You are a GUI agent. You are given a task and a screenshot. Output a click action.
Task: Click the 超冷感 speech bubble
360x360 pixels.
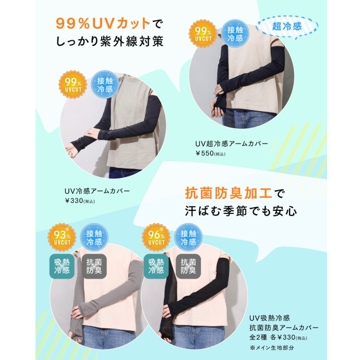(x=287, y=27)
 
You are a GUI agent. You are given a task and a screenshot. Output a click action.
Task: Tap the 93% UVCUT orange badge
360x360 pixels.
(x=62, y=237)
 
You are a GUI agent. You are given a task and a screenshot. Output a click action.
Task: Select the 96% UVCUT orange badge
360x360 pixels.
(x=156, y=237)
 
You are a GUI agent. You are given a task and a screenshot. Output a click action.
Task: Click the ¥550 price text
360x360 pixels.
(x=210, y=153)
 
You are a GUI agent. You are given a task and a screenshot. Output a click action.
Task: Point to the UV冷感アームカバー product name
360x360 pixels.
(x=97, y=191)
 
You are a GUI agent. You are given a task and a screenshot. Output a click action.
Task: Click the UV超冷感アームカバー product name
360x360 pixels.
(x=232, y=143)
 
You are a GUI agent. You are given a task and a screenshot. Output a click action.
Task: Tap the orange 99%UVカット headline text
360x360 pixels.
(x=103, y=23)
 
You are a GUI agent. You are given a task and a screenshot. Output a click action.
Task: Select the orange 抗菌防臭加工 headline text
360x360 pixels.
(x=229, y=193)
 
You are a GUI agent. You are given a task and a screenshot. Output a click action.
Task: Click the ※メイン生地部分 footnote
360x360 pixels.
(x=272, y=347)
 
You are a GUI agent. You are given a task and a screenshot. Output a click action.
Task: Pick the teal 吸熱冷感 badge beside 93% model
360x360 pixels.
(x=62, y=266)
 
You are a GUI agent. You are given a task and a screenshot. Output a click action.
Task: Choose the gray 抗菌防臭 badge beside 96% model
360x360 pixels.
(x=188, y=266)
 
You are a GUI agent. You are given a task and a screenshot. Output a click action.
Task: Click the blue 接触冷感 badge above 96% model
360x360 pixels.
(x=188, y=237)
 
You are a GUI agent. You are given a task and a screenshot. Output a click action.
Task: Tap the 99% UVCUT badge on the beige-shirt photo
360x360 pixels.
(x=203, y=34)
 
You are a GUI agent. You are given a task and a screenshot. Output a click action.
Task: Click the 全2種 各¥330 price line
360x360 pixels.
(x=278, y=338)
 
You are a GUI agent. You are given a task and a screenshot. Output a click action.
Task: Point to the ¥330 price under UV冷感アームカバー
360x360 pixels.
(x=80, y=201)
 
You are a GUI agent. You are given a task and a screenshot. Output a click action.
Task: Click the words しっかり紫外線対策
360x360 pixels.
(x=110, y=42)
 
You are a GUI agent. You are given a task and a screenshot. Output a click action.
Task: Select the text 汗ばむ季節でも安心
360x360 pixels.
(x=241, y=211)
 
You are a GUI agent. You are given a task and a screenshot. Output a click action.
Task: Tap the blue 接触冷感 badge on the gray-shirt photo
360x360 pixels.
(x=105, y=85)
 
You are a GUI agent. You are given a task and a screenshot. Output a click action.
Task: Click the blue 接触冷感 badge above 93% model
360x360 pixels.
(x=94, y=237)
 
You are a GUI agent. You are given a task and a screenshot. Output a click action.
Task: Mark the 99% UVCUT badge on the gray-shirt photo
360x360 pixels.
(x=73, y=85)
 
